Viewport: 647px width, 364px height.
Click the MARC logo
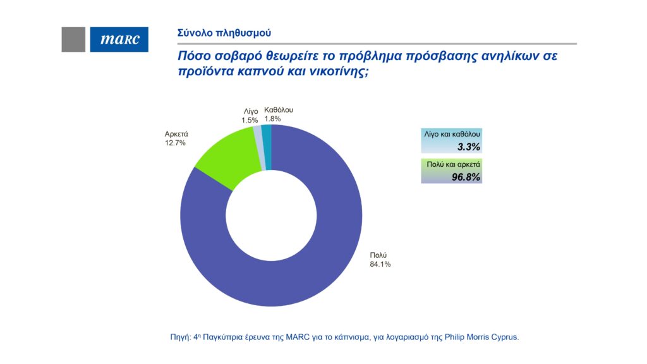pos(119,40)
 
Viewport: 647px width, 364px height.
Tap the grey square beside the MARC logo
pos(73,40)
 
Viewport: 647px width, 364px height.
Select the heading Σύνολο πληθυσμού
pos(215,32)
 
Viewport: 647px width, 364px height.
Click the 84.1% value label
pos(380,264)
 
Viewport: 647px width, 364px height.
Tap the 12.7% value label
pos(176,143)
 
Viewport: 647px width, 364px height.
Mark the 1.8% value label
pos(272,118)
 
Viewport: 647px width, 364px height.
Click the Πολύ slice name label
pos(378,255)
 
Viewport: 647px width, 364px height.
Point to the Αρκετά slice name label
pos(177,134)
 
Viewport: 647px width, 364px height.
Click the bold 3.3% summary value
pos(469,147)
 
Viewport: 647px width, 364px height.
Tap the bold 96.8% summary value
pos(466,177)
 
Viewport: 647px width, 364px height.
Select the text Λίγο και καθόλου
pos(452,135)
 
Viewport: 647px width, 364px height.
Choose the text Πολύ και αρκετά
pos(452,165)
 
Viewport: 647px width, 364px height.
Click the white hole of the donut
pos(271,215)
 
